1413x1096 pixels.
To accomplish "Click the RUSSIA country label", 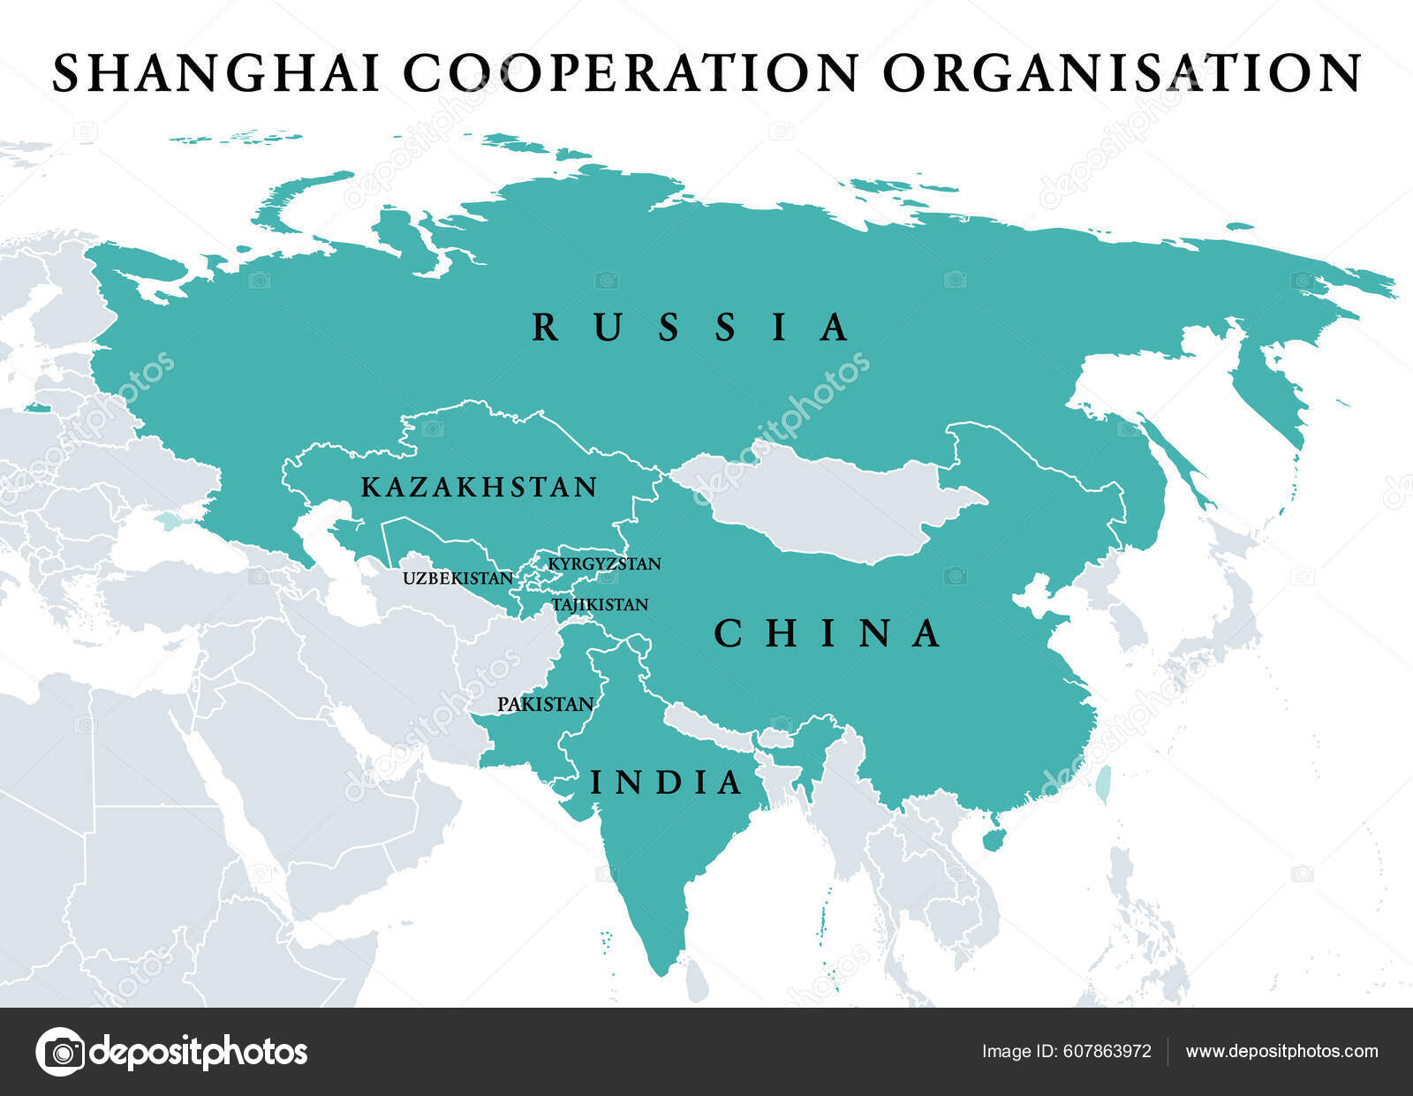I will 690,328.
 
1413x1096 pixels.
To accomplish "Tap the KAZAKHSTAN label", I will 480,488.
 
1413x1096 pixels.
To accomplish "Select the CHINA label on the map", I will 827,634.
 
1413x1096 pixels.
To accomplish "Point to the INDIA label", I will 666,782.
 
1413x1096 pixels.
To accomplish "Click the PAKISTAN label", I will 545,705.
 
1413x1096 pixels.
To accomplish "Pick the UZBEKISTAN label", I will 457,579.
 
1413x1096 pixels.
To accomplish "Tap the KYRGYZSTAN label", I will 604,564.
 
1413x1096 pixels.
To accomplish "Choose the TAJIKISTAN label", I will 600,605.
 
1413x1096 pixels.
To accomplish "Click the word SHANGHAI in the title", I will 217,73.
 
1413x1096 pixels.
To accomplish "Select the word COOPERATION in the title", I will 631,73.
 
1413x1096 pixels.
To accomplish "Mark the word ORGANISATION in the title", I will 1122,73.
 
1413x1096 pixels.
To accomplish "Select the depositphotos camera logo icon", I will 60,1052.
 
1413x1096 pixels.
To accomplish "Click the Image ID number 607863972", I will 1107,1052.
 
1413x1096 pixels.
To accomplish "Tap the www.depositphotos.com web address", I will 1281,1052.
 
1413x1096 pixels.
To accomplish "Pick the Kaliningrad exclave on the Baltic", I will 37,408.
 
